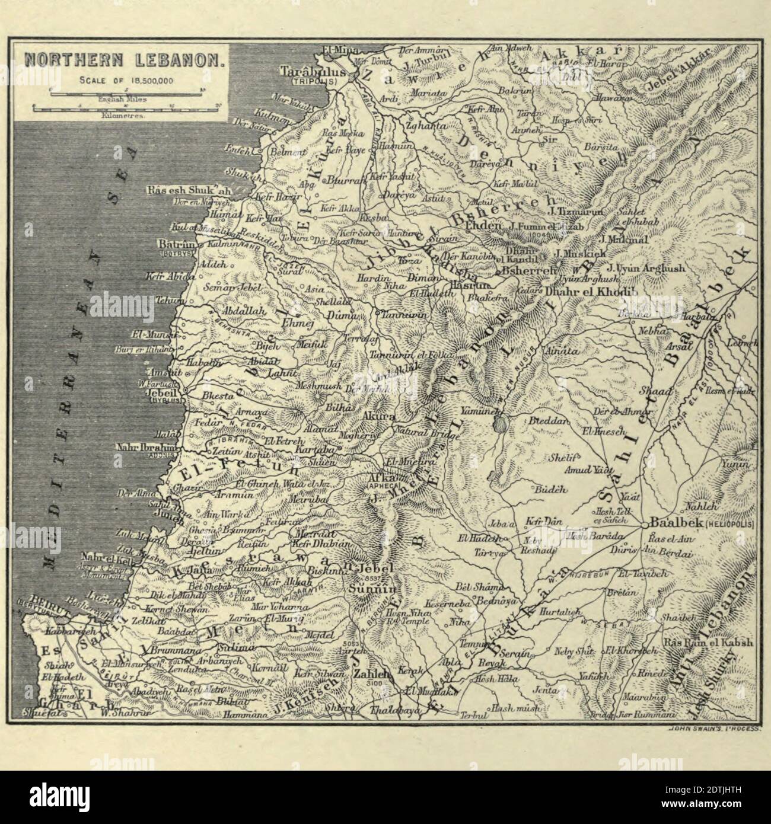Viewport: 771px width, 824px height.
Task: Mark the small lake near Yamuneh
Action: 499,424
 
